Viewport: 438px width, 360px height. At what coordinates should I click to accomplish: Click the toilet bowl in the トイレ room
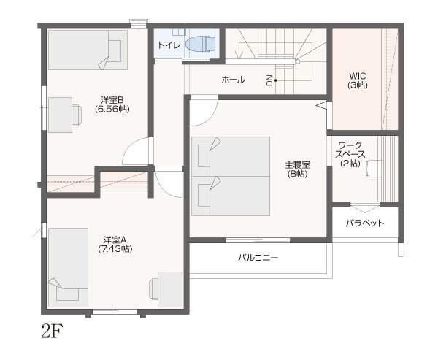[x=201, y=45]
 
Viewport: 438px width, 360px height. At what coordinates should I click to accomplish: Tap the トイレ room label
[x=169, y=45]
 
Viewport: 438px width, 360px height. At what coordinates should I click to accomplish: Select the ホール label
[x=234, y=80]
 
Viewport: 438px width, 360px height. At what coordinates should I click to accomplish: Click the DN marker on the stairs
[x=269, y=80]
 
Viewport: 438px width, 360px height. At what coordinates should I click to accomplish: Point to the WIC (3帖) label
[x=358, y=80]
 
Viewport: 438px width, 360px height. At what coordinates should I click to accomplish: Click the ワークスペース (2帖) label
[x=350, y=154]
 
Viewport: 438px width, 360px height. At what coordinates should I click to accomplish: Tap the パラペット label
[x=365, y=223]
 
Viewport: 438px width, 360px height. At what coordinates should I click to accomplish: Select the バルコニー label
[x=258, y=258]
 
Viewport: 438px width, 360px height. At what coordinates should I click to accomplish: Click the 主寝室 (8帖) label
[x=298, y=169]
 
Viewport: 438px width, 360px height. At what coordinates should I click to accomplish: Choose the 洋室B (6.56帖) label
[x=112, y=104]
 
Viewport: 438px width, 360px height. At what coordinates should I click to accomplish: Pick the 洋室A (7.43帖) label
[x=115, y=245]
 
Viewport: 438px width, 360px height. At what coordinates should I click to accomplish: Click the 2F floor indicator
[x=53, y=331]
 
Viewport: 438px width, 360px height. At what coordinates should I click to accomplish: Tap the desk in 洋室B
[x=61, y=115]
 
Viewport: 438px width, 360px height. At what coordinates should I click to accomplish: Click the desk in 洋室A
[x=170, y=289]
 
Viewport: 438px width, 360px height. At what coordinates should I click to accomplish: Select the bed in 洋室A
[x=68, y=267]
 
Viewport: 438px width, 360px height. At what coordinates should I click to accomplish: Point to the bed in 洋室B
[x=88, y=50]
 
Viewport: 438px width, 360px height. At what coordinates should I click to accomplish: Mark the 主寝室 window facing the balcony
[x=258, y=240]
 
